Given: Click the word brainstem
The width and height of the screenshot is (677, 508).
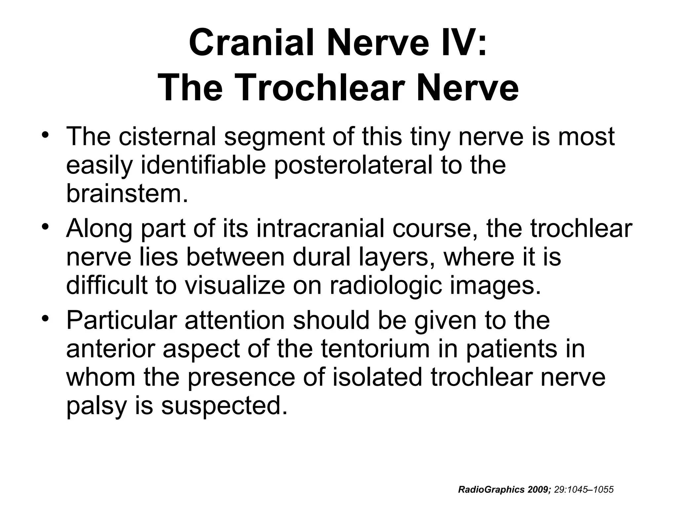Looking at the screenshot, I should pos(127,193).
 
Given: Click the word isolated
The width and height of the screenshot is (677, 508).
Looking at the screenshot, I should pos(377,377).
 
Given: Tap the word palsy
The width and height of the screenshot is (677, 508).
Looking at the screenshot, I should pos(96,406).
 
